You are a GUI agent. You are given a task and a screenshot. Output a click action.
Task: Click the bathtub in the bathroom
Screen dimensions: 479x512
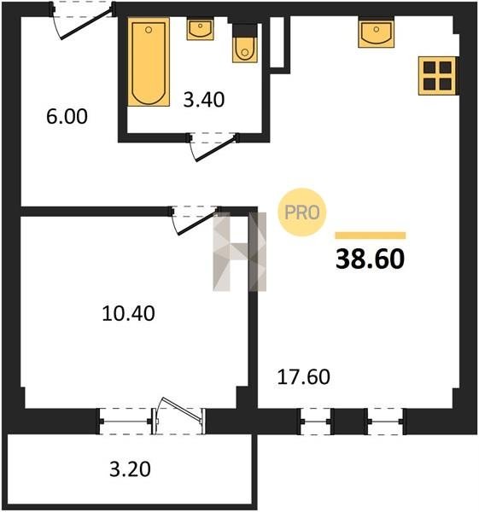(x=149, y=62)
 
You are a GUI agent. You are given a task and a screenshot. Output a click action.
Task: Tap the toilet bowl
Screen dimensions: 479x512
(x=245, y=49)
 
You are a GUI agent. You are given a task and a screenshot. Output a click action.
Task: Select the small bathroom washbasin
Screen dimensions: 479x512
(x=201, y=29)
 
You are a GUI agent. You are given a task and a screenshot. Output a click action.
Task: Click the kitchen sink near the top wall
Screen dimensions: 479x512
(x=376, y=34)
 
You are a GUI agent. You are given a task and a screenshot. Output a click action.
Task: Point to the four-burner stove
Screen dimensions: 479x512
(x=437, y=76)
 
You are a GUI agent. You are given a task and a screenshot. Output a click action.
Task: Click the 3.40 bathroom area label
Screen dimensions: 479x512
(x=204, y=100)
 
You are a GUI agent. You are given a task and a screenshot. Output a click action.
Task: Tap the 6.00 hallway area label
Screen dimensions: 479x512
(x=67, y=117)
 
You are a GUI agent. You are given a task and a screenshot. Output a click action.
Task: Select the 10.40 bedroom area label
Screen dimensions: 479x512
(x=128, y=313)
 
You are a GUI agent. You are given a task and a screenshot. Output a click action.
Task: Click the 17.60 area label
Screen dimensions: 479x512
(x=304, y=377)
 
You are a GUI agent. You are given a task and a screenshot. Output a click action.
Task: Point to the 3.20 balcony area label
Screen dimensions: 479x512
(x=130, y=469)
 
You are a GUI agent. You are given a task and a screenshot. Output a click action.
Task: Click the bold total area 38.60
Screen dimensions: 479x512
(x=371, y=259)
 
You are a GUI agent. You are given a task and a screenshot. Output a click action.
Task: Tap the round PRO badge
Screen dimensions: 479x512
(x=302, y=212)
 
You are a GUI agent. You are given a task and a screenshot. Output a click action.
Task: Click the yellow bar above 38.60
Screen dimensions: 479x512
(x=371, y=236)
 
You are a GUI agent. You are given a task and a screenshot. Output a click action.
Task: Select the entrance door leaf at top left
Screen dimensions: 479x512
(x=86, y=24)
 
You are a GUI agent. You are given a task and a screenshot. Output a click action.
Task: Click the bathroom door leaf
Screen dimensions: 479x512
(x=216, y=149)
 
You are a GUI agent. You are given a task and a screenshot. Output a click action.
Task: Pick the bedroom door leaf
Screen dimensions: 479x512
(x=197, y=224)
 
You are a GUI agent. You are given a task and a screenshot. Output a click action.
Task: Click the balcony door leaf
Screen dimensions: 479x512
(x=180, y=408)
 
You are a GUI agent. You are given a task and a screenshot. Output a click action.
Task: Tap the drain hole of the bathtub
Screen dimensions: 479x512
(x=149, y=30)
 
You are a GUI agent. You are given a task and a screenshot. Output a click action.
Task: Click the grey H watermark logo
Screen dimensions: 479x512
(x=239, y=252)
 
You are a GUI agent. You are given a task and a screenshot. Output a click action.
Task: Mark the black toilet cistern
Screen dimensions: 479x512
(x=244, y=30)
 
